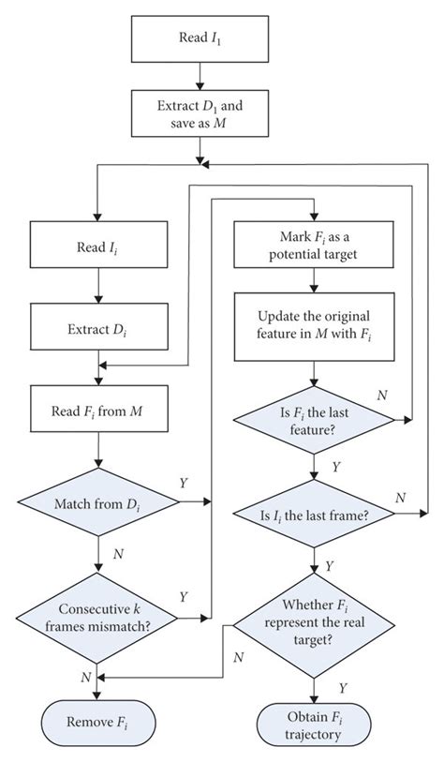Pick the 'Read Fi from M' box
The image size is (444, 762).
97,410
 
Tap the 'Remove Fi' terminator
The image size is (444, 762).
97,724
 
